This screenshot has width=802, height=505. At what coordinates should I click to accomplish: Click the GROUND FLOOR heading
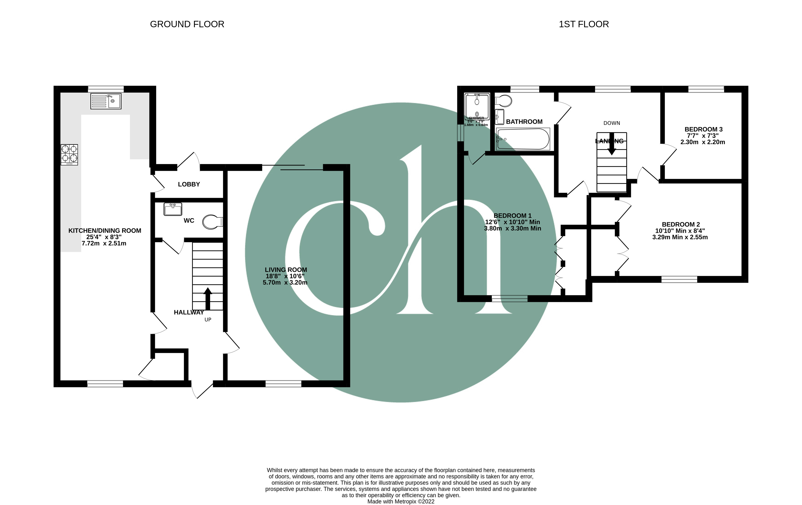coord(187,24)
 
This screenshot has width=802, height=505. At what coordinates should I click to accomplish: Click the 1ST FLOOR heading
coord(584,24)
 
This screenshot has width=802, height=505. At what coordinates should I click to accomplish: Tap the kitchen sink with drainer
coord(106,101)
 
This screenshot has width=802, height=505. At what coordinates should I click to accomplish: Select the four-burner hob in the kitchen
coord(69,155)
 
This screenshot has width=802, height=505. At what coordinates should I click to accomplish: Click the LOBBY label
coord(189,184)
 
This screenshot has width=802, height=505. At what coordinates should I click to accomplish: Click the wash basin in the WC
coord(173,209)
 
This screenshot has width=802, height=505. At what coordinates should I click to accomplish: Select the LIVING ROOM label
coord(286,270)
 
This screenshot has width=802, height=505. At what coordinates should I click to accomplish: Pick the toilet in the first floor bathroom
coord(504,100)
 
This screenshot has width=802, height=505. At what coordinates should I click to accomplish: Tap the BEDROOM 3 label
coord(703,129)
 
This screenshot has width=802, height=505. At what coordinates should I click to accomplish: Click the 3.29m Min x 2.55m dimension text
coord(680,237)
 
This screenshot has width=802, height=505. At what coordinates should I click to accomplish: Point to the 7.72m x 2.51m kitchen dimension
coord(104,244)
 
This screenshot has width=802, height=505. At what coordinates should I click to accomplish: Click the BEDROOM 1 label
coord(512,216)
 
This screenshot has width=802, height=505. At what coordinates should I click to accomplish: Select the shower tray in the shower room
coord(477,107)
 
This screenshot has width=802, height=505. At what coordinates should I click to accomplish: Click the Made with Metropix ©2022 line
coord(401,501)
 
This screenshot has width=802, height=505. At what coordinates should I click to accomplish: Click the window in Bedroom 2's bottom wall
coord(679,279)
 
